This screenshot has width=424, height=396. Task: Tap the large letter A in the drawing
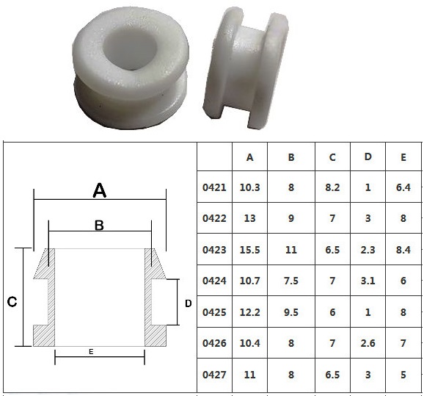pos(100,190)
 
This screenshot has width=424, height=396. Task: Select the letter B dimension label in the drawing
pos(99,225)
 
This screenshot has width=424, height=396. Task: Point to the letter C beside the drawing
pos(12,302)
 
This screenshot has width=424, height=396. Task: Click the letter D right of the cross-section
pos(189,303)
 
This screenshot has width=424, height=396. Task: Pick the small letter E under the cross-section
pos(91,352)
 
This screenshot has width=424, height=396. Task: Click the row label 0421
pos(214,187)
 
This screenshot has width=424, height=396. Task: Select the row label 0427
pos(214,375)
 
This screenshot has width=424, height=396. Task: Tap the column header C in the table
pos(332,157)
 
